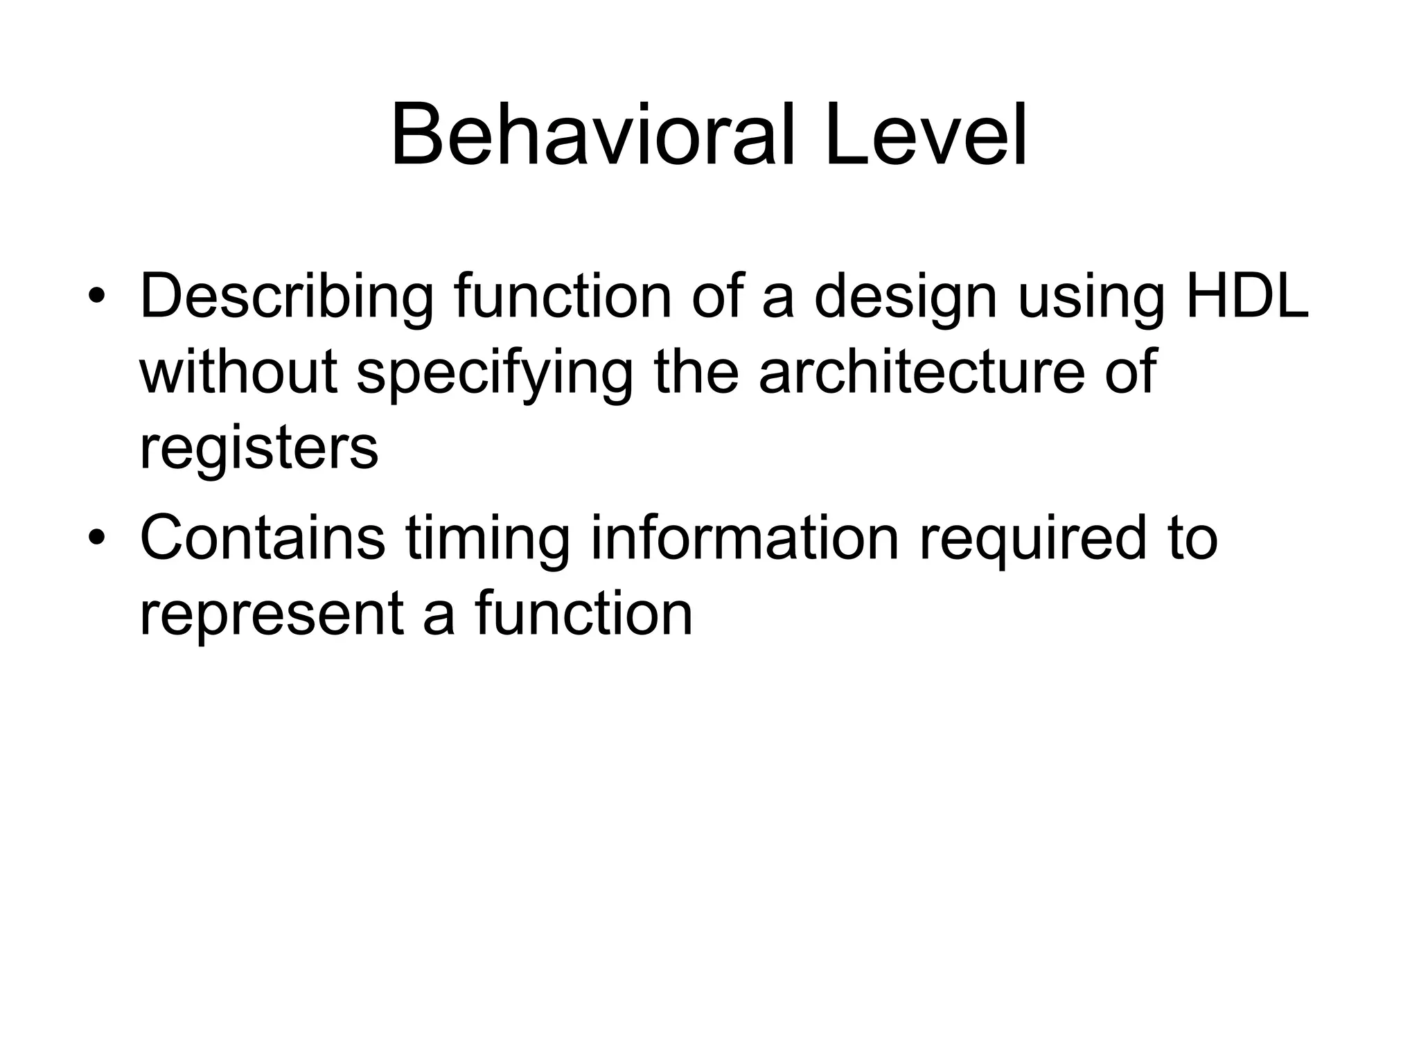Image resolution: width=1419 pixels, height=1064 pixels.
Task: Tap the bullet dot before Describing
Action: [x=96, y=297]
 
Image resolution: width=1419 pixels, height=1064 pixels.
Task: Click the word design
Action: [x=905, y=298]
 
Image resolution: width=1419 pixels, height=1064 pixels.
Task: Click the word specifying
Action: [x=495, y=374]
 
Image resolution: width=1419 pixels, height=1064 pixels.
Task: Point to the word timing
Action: [x=488, y=540]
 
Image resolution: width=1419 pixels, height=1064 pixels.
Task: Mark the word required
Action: [x=1032, y=540]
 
